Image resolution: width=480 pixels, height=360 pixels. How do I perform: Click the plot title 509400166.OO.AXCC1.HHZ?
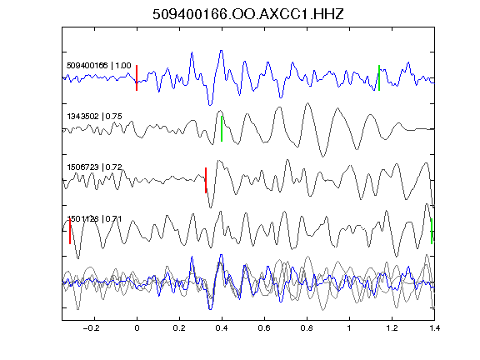(x=248, y=14)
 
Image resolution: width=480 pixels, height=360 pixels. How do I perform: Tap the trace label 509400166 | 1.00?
(x=99, y=66)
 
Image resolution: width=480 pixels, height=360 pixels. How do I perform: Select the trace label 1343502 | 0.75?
(x=95, y=117)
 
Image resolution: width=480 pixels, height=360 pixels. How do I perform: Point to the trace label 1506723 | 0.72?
(x=95, y=167)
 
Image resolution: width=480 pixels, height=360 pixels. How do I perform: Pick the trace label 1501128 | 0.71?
(x=95, y=218)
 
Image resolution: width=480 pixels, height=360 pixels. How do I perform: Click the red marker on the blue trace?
(x=137, y=77)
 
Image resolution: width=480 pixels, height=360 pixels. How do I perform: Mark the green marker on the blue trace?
(x=379, y=77)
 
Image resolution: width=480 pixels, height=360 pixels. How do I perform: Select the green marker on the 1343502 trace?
(x=222, y=128)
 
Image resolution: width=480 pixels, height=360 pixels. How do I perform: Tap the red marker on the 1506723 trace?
(x=206, y=180)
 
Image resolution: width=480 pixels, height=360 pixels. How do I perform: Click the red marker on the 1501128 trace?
(x=70, y=231)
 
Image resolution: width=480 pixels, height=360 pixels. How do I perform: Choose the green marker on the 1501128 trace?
(x=432, y=231)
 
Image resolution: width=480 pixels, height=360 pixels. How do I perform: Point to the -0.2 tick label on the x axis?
(x=92, y=328)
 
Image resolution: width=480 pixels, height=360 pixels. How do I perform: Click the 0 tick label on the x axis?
(x=137, y=328)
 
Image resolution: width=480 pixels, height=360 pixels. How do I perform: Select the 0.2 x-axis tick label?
(x=179, y=328)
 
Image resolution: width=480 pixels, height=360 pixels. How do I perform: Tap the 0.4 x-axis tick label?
(x=222, y=328)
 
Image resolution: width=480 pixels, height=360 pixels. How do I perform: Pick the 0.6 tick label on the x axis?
(x=264, y=328)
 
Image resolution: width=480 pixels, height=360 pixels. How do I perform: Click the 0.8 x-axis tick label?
(x=307, y=328)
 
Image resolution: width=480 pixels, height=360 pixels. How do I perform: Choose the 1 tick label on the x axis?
(x=349, y=328)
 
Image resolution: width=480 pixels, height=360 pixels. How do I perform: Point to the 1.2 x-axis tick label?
(x=392, y=328)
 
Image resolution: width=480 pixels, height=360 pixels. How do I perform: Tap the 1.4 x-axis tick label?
(x=435, y=328)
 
